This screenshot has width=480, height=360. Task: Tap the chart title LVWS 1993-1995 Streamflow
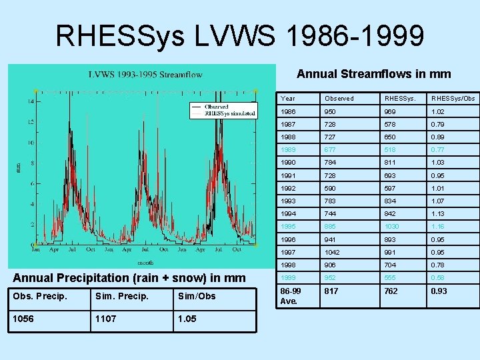tap(145, 74)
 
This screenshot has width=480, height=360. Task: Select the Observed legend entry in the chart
tap(216, 106)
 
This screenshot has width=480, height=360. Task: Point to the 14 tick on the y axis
tap(31, 101)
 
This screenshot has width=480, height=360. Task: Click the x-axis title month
tap(145, 261)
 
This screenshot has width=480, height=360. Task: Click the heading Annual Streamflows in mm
tap(373, 74)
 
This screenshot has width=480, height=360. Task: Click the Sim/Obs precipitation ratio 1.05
tap(188, 319)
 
